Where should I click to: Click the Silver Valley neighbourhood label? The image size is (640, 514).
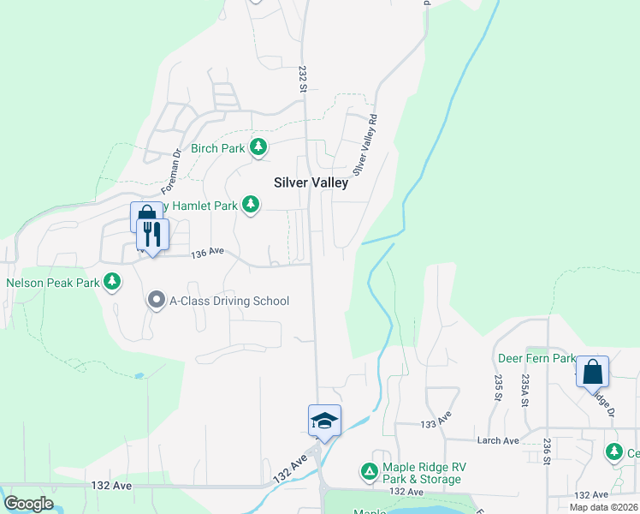point(311,182)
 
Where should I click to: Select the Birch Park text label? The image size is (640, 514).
point(217,148)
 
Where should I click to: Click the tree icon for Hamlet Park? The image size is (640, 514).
point(251,205)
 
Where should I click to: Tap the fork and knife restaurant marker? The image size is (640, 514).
point(152,235)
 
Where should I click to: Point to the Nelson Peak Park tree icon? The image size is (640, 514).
point(111,282)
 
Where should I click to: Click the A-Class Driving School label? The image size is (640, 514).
point(229,301)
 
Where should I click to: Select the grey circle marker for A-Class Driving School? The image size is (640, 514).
point(156,301)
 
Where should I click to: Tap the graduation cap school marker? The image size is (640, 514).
point(324,421)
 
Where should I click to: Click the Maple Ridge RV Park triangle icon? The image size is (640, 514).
point(369,471)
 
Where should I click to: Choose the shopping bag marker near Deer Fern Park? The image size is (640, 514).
point(592,372)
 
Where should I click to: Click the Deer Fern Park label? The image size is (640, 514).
point(536,357)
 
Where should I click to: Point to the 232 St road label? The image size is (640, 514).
point(303,75)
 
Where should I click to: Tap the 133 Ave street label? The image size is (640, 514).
point(435,422)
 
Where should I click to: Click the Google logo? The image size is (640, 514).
point(28,504)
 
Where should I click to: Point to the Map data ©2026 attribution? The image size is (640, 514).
point(604,507)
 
